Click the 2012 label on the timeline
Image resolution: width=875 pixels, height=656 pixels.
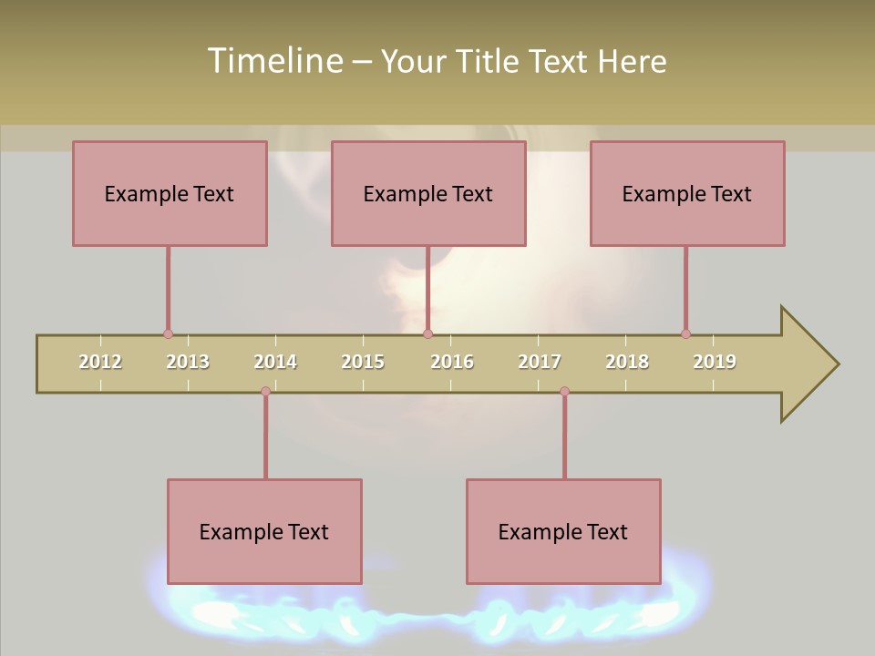pos(100,362)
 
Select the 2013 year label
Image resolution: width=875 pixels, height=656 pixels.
pos(188,362)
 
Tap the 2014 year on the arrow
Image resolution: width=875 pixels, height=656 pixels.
pos(275,362)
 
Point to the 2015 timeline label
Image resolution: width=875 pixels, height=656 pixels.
pos(363,362)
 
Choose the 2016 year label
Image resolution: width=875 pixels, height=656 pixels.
pos(452,362)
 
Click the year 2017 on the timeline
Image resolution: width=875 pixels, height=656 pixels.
pos(540,362)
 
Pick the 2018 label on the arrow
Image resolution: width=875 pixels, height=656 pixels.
pos(627,362)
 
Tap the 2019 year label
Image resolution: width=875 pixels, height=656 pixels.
pos(715,362)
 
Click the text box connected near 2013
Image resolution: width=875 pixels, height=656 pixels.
pos(170,193)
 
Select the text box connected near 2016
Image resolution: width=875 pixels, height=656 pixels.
pos(428,193)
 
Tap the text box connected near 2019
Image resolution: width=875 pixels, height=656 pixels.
pos(687,193)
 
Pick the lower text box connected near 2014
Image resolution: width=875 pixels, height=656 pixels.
pos(264,531)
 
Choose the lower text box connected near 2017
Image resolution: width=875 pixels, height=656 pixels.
pos(563,531)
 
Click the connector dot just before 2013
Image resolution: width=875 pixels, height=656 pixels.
pos(168,334)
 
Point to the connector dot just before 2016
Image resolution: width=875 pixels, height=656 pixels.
pos(427,334)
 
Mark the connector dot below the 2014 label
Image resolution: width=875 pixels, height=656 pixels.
pos(265,392)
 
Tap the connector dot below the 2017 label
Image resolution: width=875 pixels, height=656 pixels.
pos(564,392)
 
